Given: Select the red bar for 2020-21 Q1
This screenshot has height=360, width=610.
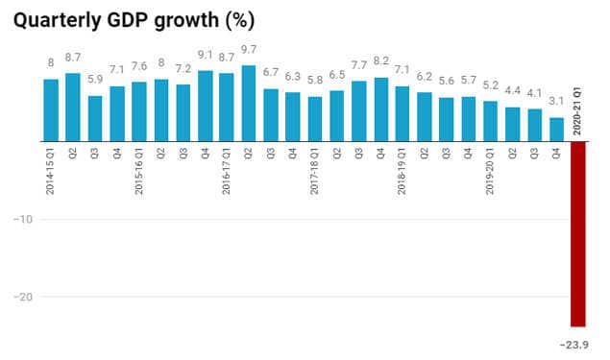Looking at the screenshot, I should pos(578,240).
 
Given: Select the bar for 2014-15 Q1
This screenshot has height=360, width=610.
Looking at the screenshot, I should pos(51,110).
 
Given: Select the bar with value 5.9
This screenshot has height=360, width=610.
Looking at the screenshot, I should pos(95,118).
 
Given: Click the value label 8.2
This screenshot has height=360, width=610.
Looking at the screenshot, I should pos(380,62).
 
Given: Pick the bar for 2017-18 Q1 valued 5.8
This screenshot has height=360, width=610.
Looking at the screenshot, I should pos(315,119).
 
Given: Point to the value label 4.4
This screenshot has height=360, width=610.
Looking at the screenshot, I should pos(512,92).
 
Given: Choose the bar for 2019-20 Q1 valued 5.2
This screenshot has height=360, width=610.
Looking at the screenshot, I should pos(491,121).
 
